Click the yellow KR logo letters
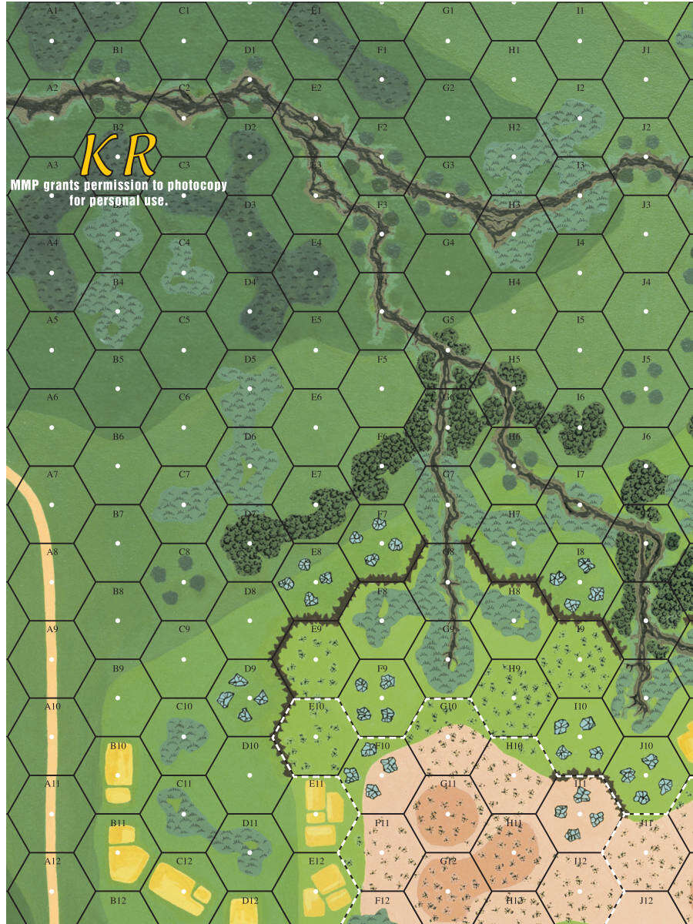pos(119,154)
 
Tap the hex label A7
pos(52,474)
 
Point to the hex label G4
pos(448,243)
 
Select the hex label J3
pos(646,204)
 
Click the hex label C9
pos(184,629)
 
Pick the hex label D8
pos(249,591)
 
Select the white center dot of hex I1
pos(580,41)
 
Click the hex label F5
pos(382,359)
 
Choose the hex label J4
pos(646,282)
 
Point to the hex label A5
pos(52,320)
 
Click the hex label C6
pos(184,397)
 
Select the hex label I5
pos(580,320)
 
